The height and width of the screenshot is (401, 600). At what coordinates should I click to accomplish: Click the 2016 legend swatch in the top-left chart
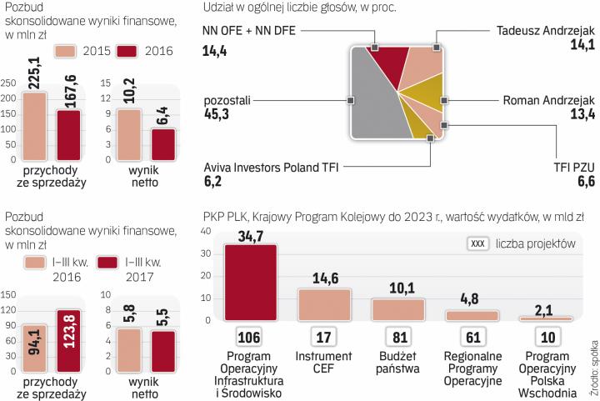120,51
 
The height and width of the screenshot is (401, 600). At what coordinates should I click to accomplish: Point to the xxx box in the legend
477,244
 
